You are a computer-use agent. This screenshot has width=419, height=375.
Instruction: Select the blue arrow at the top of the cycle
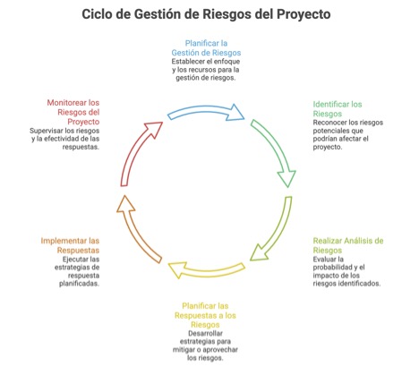pos(206,111)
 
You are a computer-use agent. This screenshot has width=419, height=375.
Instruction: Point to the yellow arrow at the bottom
pos(206,270)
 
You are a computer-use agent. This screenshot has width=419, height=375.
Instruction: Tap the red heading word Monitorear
pos(66,103)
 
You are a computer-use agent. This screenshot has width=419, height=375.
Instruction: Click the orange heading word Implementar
pos(64,241)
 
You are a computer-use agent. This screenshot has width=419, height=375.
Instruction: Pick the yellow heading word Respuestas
pos(194,315)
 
